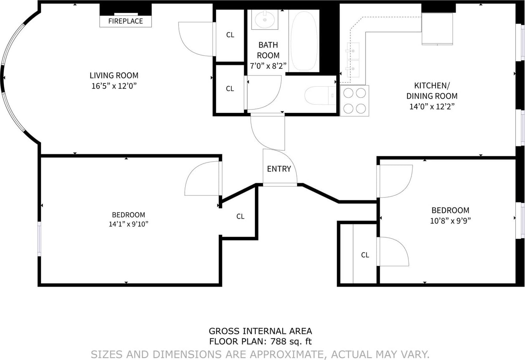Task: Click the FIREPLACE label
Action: click(125, 21)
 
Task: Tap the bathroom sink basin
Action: click(265, 19)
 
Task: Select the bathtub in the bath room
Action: click(304, 41)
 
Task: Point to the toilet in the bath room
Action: click(320, 95)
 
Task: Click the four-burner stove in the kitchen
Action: click(354, 101)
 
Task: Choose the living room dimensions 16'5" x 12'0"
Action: click(114, 86)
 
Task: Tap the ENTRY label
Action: click(279, 169)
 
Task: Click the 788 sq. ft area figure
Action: click(291, 341)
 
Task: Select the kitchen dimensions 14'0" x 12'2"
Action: click(432, 107)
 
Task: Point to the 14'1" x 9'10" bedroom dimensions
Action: click(128, 224)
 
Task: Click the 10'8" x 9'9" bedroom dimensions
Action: click(450, 221)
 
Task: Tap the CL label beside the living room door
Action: click(230, 35)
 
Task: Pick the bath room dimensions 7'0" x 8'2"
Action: click(268, 66)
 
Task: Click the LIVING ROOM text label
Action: click(114, 75)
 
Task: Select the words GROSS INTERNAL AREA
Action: click(260, 331)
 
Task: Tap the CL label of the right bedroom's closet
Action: click(365, 255)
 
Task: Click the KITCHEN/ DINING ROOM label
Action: click(432, 91)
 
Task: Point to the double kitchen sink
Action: click(353, 60)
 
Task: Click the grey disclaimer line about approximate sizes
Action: click(260, 354)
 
